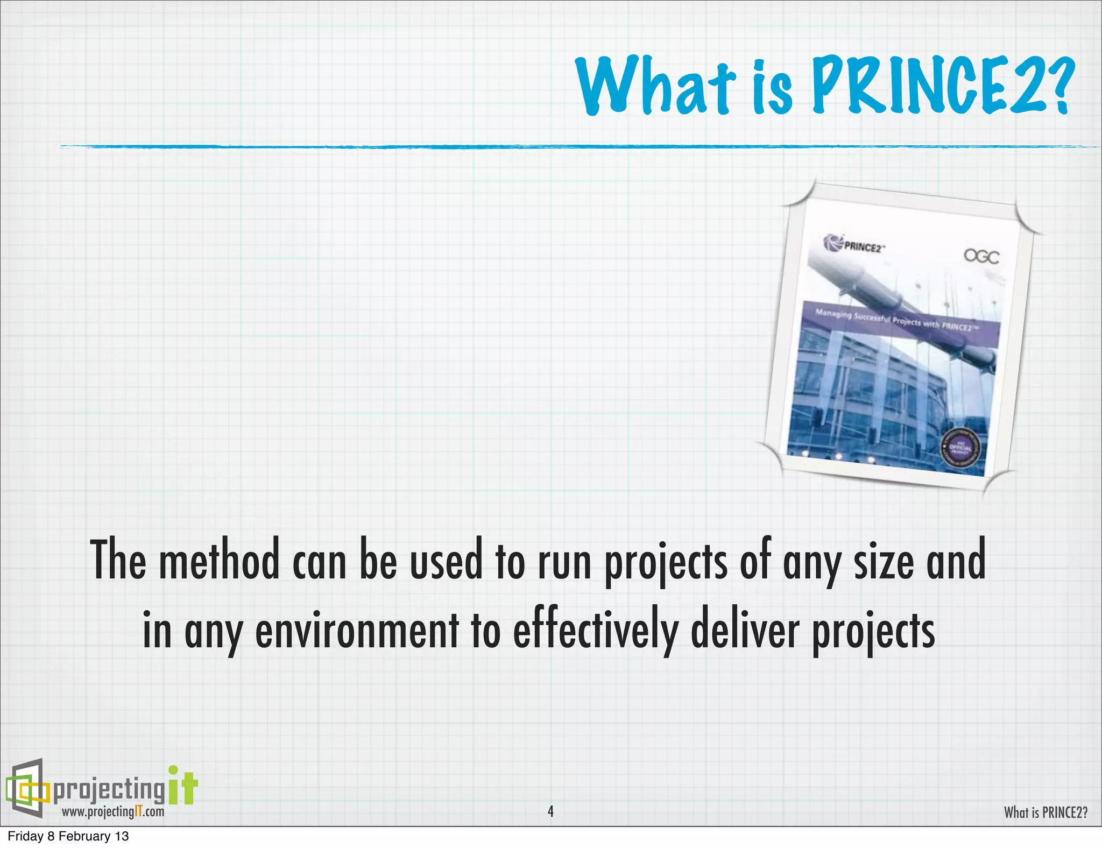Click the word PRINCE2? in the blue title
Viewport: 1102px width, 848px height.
pos(942,86)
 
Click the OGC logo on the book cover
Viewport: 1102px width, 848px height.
pos(981,257)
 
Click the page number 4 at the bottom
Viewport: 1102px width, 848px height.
pos(550,811)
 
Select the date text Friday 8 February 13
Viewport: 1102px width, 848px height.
pos(68,836)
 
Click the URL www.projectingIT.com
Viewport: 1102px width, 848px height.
pos(113,811)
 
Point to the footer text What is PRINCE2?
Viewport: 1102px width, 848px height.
pos(1046,812)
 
